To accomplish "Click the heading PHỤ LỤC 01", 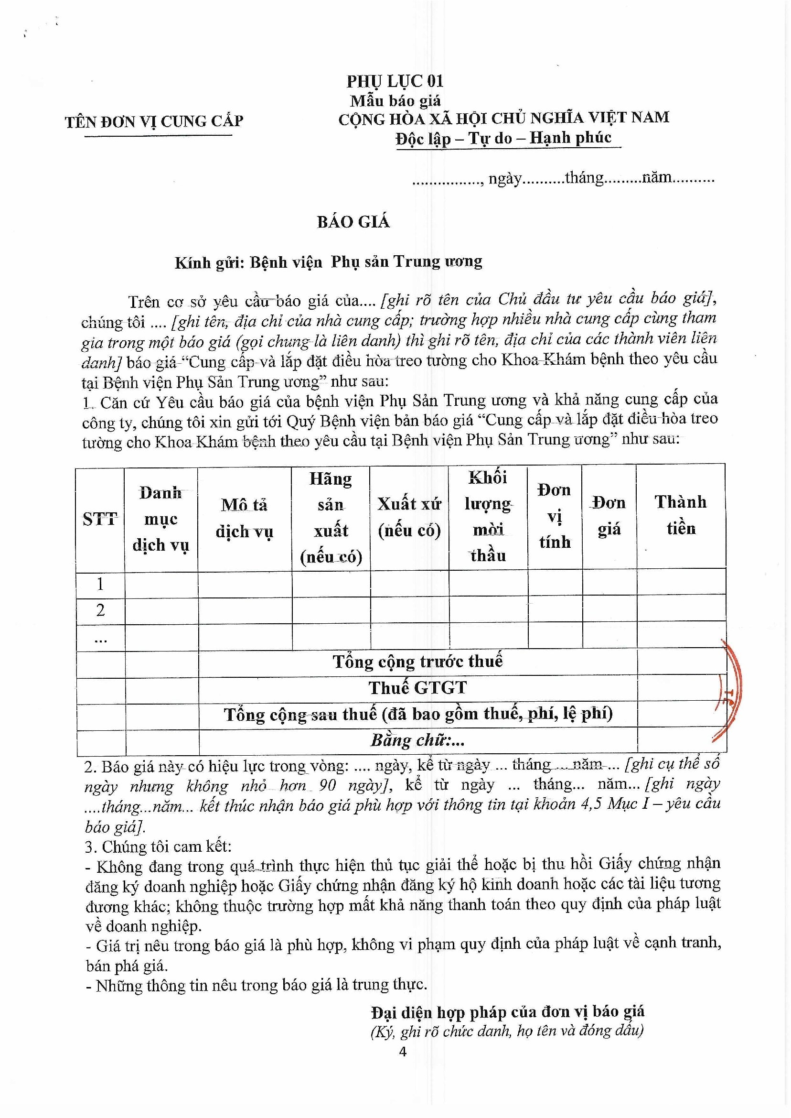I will coord(395,81).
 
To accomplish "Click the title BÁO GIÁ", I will coord(353,222).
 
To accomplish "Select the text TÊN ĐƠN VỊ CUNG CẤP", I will coord(154,121).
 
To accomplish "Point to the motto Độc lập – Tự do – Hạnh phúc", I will coord(503,138).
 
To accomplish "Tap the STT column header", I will coord(100,519).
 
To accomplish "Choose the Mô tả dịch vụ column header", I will coord(244,518).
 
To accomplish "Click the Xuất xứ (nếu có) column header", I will coord(409,517).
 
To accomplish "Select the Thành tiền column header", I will coord(681,515).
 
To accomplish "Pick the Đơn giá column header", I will coord(609,516).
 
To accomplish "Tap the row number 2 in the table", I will coord(100,610).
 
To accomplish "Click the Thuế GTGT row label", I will coord(417,688).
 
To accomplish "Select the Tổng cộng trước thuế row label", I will coord(417,662).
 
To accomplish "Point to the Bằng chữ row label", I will coord(417,740).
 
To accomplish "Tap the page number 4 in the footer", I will coord(402,1052).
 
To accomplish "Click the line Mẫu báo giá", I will coord(395,101).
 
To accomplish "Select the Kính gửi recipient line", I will coord(328,262).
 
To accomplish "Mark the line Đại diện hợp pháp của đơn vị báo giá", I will coord(508,1012).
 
